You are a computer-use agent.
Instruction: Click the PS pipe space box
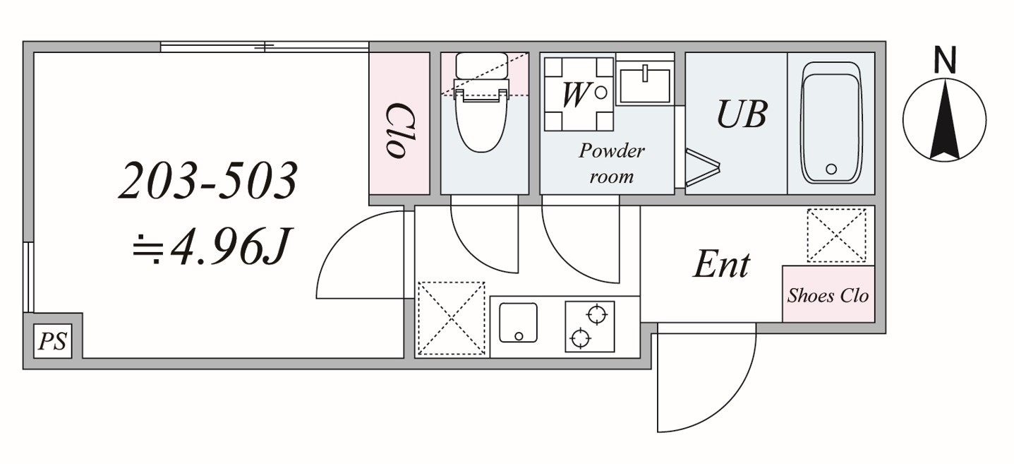pos(52,342)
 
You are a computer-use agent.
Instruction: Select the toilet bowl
pos(482,120)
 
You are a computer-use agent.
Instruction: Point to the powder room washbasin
pos(644,83)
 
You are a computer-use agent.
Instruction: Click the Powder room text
pos(612,163)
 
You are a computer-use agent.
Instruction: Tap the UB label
pos(742,114)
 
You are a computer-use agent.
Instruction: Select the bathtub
pos(831,124)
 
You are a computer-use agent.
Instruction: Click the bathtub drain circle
pos(831,169)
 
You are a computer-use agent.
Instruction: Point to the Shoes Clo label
pos(828,295)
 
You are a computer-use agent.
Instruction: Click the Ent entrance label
pos(721,265)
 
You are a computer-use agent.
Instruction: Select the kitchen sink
pos(518,323)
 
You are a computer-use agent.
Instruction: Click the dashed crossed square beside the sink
pos(452,319)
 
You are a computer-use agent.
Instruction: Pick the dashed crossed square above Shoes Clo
pos(836,235)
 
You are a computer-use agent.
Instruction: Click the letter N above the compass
pos(945,61)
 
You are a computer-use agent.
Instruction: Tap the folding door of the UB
pos(701,168)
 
